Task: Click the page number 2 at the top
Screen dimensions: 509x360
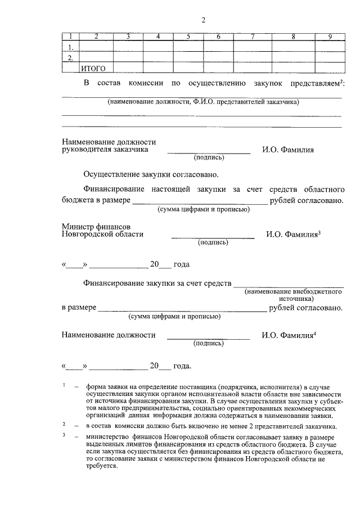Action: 204,21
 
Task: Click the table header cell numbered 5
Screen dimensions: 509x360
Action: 188,37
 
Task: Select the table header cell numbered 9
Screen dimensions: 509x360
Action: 330,37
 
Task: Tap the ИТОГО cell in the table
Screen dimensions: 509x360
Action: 93,69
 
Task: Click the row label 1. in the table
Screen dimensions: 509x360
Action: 70,47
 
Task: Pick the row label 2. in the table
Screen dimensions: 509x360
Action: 70,57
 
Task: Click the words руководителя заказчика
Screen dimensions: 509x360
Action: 105,150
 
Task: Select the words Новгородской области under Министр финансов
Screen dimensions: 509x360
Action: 102,234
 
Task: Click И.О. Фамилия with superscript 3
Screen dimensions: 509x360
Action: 292,234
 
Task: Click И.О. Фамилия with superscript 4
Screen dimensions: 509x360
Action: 289,335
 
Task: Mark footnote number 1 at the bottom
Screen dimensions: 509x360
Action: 65,385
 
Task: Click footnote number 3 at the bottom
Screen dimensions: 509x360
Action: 65,435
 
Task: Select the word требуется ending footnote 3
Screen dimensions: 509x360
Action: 101,467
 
